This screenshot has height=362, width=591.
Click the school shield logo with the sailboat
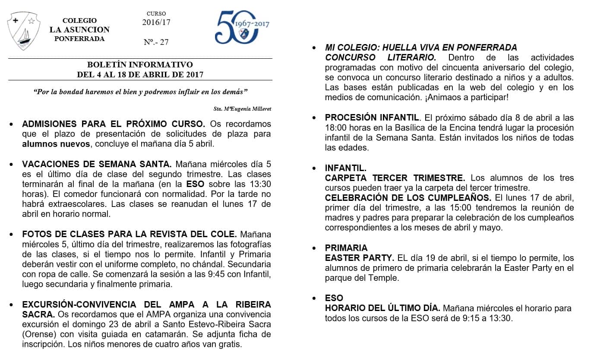(24, 31)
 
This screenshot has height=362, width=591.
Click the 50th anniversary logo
(241, 27)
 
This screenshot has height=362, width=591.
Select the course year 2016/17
(156, 22)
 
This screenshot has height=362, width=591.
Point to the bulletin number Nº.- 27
(156, 42)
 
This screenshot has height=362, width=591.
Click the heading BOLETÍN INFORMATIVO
(140, 65)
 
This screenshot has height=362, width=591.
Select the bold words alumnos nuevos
(56, 144)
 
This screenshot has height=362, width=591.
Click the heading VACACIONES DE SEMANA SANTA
(97, 164)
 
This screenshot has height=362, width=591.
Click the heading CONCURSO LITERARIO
(380, 57)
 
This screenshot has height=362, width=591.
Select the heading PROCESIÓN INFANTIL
(372, 117)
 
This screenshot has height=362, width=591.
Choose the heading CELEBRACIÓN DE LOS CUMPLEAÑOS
(408, 198)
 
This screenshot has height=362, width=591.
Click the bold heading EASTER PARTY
(359, 258)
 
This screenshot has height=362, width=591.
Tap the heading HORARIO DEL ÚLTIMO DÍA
(382, 308)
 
